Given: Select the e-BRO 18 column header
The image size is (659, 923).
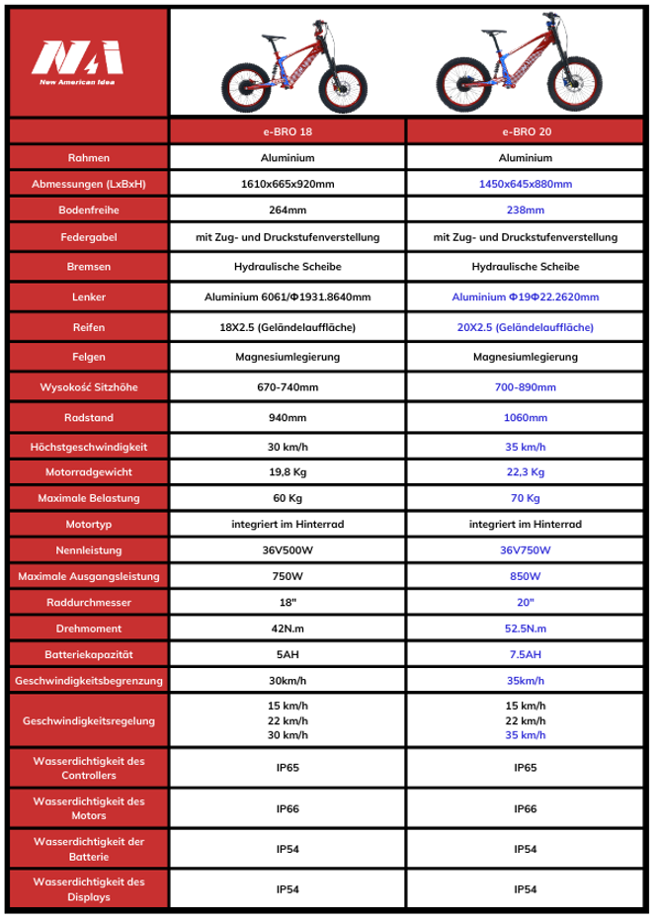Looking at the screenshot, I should (287, 131).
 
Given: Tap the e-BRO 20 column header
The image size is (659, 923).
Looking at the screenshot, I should (525, 131).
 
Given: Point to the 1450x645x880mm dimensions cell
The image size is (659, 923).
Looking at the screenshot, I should (525, 184).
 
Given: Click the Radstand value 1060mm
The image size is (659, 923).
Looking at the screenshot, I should (525, 417).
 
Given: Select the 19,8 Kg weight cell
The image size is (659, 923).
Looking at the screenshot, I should (287, 471).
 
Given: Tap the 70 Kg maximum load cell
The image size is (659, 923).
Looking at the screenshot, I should (525, 497).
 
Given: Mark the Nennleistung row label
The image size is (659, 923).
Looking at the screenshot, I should (89, 550).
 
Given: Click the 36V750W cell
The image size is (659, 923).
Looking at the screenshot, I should (525, 550).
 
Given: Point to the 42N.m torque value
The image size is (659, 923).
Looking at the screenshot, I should (287, 629).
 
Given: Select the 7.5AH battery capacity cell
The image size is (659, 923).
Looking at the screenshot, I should (525, 654).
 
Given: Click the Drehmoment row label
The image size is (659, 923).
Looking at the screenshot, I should (89, 629).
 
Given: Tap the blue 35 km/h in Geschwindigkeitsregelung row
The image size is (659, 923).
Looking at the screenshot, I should (525, 735).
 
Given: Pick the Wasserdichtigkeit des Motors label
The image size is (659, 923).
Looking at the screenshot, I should (89, 807).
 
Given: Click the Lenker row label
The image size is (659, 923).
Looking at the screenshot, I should (89, 296).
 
